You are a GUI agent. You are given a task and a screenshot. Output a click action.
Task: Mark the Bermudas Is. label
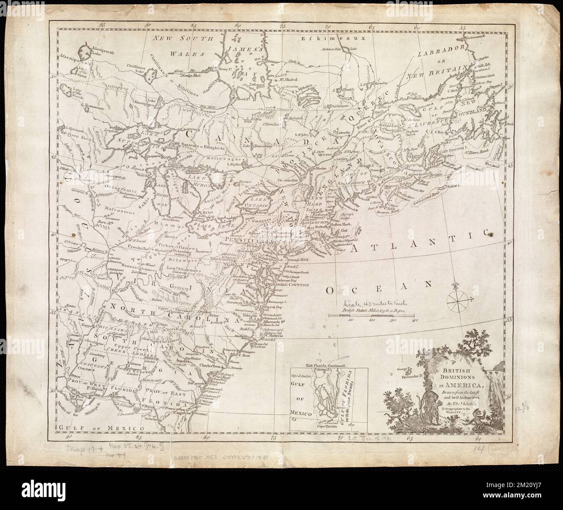tap(409, 375)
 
